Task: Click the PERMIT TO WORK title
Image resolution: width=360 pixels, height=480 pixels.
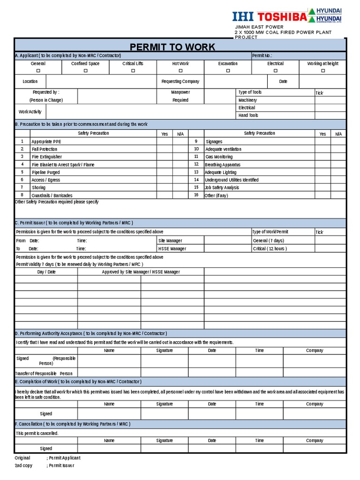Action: pyautogui.click(x=172, y=47)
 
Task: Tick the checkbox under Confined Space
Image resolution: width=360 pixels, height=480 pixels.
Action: pyautogui.click(x=85, y=71)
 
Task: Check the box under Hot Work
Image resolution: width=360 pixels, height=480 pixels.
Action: pyautogui.click(x=180, y=71)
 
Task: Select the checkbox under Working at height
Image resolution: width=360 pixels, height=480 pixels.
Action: pyautogui.click(x=322, y=71)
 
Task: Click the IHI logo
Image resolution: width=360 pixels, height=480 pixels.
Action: pyautogui.click(x=243, y=17)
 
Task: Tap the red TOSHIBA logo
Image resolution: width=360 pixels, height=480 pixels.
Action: pyautogui.click(x=281, y=17)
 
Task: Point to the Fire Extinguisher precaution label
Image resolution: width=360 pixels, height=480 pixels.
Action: pyautogui.click(x=46, y=157)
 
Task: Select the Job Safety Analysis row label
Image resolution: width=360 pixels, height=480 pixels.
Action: pyautogui.click(x=222, y=187)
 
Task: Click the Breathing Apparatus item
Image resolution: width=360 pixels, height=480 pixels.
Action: pyautogui.click(x=223, y=165)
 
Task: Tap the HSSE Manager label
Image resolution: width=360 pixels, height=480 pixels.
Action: pyautogui.click(x=172, y=249)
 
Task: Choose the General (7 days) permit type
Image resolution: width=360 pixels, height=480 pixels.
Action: pyautogui.click(x=268, y=240)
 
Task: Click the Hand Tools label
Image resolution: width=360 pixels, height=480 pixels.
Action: pyautogui.click(x=248, y=115)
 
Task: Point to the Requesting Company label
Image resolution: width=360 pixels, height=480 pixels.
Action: pyautogui.click(x=180, y=82)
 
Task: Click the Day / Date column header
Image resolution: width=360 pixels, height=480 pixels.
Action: pyautogui.click(x=46, y=272)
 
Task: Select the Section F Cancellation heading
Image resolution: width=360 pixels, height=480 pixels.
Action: pyautogui.click(x=73, y=424)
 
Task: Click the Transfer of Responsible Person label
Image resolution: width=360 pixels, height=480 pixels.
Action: pyautogui.click(x=44, y=374)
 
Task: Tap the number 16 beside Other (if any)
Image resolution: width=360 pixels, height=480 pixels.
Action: pyautogui.click(x=196, y=195)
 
